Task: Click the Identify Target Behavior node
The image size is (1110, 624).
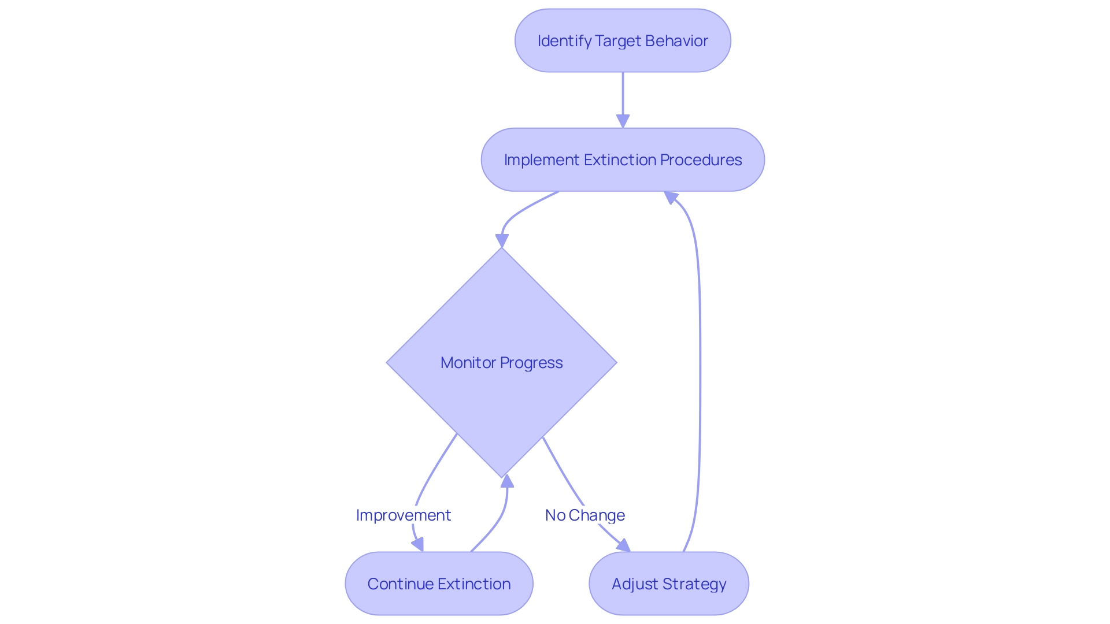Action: coord(623,40)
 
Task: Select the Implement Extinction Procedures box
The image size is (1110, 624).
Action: coord(623,159)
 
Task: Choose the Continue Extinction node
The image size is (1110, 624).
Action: coord(439,584)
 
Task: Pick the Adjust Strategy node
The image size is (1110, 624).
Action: coord(669,584)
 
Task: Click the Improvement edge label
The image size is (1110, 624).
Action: coord(403,515)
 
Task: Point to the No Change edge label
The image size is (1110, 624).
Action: coord(584,515)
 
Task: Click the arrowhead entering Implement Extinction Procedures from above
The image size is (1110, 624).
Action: coord(623,121)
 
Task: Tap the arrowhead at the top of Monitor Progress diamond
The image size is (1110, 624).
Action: coord(502,240)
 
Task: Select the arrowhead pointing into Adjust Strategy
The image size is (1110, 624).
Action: coord(624,546)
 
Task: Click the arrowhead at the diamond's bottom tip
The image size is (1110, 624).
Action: coord(507,481)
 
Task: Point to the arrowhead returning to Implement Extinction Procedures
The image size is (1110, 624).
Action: coord(671,198)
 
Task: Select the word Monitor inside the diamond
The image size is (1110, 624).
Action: coord(468,362)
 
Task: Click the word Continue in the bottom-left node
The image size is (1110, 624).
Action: coord(397,584)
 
